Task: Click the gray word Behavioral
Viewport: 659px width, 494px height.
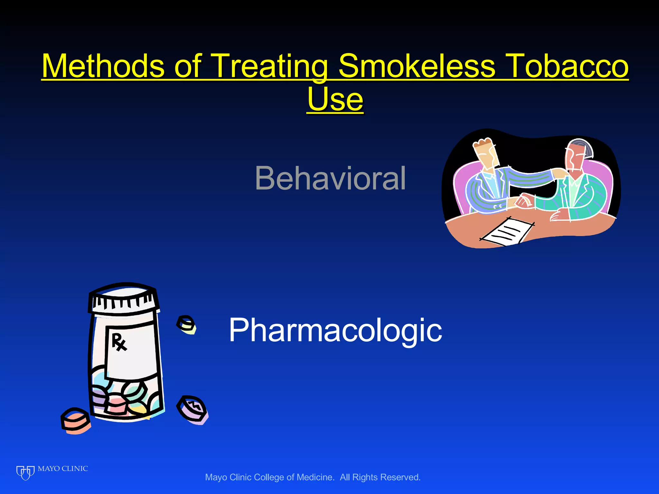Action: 330,178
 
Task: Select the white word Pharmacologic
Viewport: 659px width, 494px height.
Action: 335,330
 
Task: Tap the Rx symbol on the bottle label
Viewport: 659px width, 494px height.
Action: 119,342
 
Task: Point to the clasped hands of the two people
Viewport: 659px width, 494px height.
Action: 523,201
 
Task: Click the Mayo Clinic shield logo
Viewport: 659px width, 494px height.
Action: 25,472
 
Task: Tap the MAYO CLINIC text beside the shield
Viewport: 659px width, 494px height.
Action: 63,469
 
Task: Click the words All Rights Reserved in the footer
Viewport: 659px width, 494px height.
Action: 380,477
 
